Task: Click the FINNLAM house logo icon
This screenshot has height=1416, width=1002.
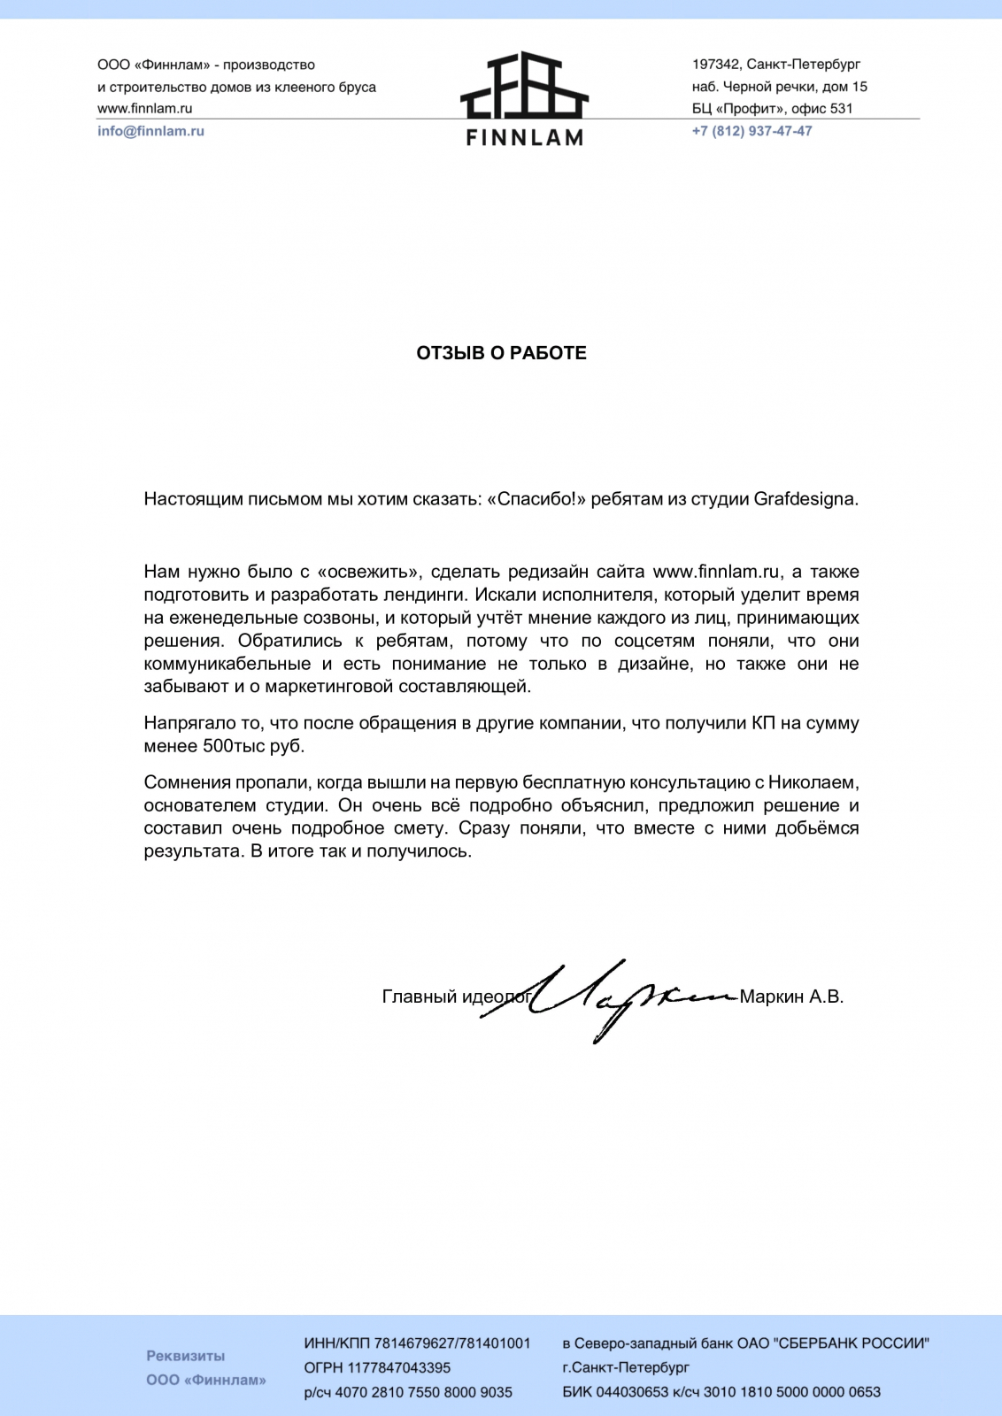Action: (x=524, y=86)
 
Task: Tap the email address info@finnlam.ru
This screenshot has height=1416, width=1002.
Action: (x=150, y=131)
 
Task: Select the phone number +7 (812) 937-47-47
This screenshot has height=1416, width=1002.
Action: (x=751, y=131)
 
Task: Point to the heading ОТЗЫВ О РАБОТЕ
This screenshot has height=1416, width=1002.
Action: (x=501, y=353)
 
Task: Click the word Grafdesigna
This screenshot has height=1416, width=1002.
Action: (x=805, y=499)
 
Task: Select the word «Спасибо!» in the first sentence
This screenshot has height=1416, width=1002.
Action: (x=537, y=499)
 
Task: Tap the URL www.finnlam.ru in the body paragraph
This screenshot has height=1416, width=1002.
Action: (x=716, y=572)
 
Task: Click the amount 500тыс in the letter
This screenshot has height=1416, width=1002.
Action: (x=234, y=746)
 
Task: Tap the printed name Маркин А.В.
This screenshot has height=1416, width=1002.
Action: (x=791, y=997)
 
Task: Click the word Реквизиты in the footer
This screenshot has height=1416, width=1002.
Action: (x=186, y=1356)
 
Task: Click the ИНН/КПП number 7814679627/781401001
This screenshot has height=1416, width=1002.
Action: (x=452, y=1343)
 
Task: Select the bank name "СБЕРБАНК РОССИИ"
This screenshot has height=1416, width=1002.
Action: (x=852, y=1343)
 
